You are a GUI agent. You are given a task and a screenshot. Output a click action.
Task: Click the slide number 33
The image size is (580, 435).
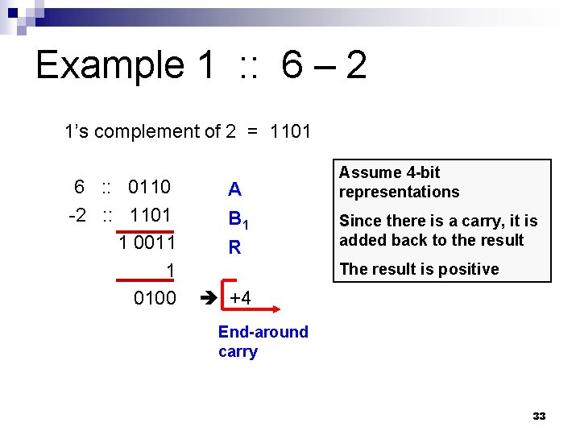coord(539,416)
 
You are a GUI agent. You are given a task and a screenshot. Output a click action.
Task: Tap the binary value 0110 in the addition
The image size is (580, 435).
coord(149,188)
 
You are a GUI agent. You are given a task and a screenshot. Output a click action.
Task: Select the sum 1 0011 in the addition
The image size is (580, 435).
coord(147,242)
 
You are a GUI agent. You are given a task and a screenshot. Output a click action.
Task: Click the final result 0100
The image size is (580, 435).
coord(155,298)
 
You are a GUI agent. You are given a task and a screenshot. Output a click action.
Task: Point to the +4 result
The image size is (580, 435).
coord(240,298)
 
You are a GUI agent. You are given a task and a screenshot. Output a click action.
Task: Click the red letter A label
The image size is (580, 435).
coord(234,190)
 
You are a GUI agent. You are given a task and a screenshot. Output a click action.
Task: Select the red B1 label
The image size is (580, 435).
coord(238,219)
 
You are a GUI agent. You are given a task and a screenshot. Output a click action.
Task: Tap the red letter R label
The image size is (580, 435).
coord(234,247)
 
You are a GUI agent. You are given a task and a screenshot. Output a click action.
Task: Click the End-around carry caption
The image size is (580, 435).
coord(263,342)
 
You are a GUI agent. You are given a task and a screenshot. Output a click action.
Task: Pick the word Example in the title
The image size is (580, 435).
coord(110,65)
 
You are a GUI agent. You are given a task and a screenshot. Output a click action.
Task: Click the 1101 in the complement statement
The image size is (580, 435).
coord(290,131)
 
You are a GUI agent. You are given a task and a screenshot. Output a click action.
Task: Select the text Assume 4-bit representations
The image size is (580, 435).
coord(400,182)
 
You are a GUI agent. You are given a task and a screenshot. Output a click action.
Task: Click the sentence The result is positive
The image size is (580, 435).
coord(419,269)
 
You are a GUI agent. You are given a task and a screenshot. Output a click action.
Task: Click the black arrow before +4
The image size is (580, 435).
coord(207,298)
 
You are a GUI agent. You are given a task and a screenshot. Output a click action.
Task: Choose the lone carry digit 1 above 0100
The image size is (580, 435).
coord(170,270)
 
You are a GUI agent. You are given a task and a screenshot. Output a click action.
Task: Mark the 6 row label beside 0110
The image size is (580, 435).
coord(79,188)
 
